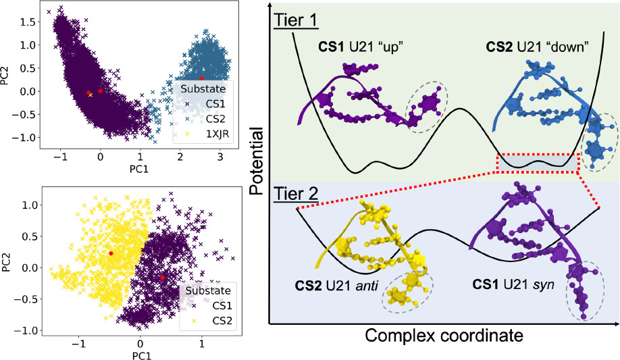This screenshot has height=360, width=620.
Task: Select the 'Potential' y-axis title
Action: (x=257, y=162)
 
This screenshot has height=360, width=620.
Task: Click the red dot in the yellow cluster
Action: (x=111, y=253)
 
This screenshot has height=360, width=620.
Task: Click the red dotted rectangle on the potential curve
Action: (x=538, y=163)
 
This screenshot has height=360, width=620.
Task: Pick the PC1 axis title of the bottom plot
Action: (x=140, y=353)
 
